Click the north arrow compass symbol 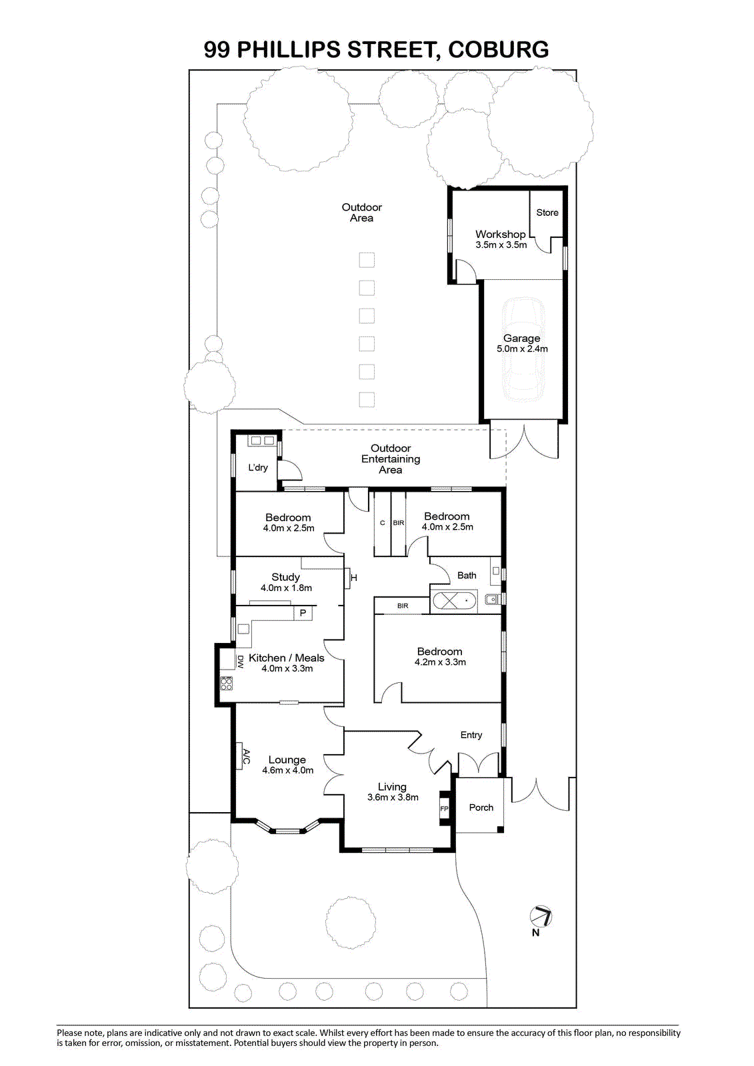click(541, 916)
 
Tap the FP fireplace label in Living click(444, 809)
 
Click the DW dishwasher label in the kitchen click(240, 662)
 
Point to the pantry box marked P click(303, 613)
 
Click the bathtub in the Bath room click(454, 600)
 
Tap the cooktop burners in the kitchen click(227, 684)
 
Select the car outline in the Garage click(523, 350)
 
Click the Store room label click(547, 213)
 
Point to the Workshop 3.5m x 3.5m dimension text click(501, 245)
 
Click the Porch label click(481, 807)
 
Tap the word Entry click(471, 735)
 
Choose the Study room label click(285, 577)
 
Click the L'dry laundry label click(258, 468)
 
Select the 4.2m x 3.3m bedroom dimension click(440, 662)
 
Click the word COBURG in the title click(498, 49)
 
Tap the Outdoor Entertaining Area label click(391, 459)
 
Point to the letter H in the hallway click(354, 578)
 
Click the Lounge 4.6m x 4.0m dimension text click(288, 770)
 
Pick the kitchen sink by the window click(243, 629)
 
